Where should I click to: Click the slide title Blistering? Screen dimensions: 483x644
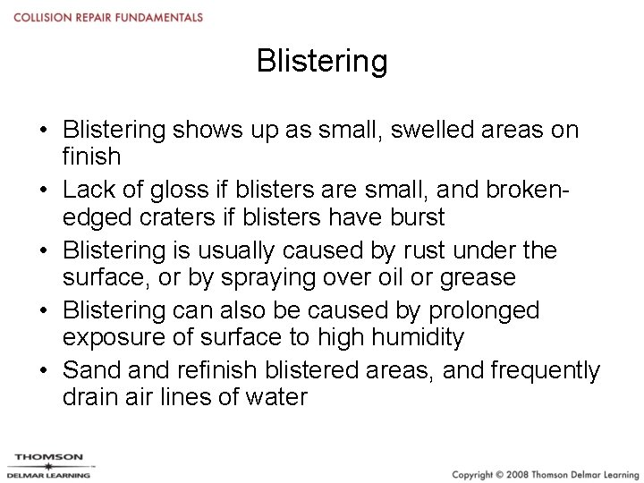click(x=322, y=62)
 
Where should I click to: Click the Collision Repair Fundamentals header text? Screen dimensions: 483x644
click(x=108, y=18)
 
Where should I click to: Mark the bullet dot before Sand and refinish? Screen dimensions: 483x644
click(x=43, y=371)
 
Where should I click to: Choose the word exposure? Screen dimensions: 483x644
click(x=115, y=337)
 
